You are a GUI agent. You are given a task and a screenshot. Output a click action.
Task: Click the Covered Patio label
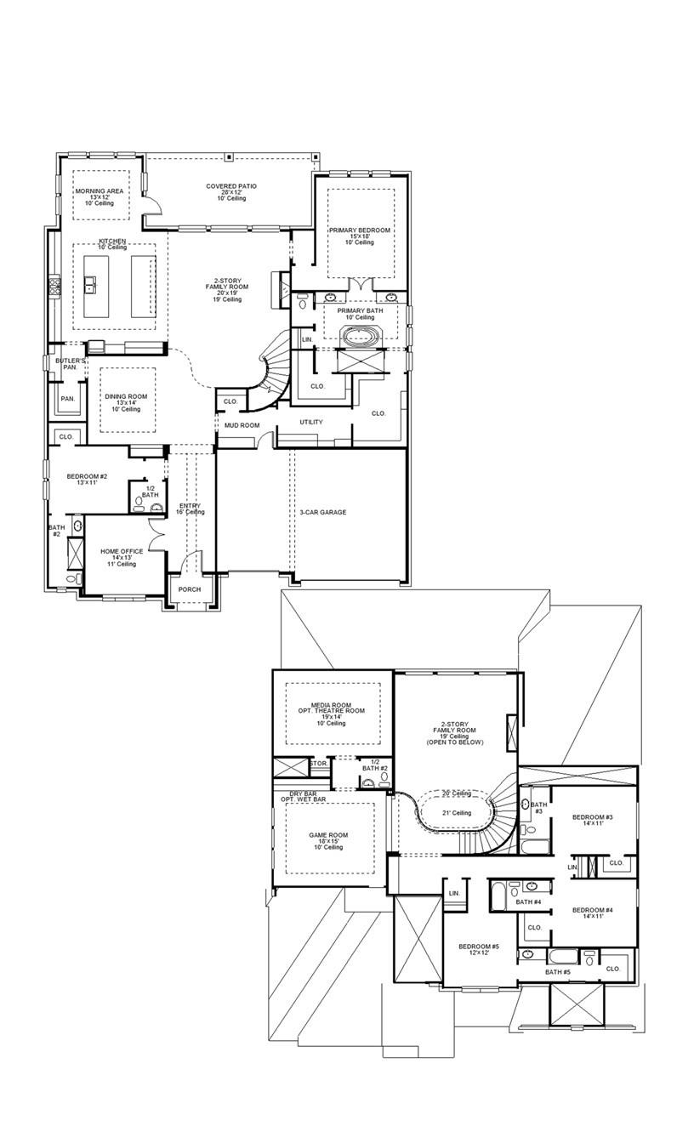[x=231, y=186]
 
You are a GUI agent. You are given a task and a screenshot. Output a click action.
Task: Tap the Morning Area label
[x=100, y=191]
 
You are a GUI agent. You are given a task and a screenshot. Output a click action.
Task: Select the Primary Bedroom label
[x=360, y=230]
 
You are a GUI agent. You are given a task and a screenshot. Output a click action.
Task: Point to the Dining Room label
[x=126, y=396]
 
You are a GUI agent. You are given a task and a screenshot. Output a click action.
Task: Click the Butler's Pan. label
[x=71, y=364]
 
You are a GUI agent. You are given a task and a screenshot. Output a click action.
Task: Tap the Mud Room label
[x=242, y=425]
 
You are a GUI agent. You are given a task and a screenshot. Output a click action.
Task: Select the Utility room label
[x=310, y=422]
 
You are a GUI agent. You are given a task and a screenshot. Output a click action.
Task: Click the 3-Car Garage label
[x=322, y=512]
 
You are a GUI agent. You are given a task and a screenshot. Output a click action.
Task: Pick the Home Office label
[x=122, y=551]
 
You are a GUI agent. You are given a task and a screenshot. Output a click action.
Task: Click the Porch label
[x=189, y=589]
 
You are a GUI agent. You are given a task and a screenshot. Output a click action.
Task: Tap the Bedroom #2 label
[x=87, y=476]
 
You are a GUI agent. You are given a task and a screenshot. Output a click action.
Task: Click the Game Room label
[x=328, y=835]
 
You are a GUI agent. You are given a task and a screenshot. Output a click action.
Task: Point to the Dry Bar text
[x=303, y=793]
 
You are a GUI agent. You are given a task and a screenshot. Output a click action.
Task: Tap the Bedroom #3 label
[x=592, y=817]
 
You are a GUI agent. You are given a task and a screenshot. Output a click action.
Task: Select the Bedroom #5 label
[x=478, y=947]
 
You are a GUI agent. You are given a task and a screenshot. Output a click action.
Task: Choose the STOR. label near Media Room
[x=318, y=764]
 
